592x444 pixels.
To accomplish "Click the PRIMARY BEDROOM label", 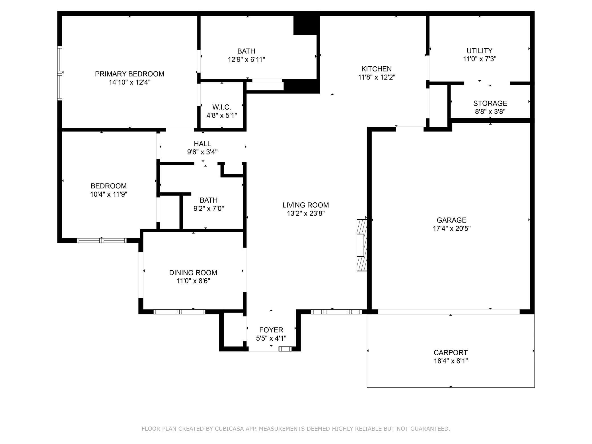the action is click(x=129, y=74).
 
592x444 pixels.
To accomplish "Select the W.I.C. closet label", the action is click(x=222, y=107).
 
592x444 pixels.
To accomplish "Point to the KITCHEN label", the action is click(x=377, y=69).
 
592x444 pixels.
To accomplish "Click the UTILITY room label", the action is click(x=480, y=51).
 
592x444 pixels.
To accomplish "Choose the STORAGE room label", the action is click(x=490, y=103).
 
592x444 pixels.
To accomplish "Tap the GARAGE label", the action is click(x=451, y=220).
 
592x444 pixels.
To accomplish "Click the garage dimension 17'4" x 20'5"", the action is click(x=452, y=229).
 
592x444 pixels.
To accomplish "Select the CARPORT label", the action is click(x=451, y=353).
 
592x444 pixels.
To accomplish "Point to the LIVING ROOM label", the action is click(x=306, y=205).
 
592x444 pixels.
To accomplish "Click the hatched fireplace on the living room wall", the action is click(x=362, y=245).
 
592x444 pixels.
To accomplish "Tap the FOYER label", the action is click(x=271, y=330).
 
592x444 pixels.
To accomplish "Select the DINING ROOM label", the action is click(x=193, y=273).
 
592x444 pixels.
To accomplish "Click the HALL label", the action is click(x=202, y=144).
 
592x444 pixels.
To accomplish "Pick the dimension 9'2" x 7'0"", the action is click(x=209, y=209).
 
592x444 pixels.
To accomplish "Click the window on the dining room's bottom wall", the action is click(x=179, y=312).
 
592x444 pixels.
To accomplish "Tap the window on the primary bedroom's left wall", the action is click(x=59, y=73).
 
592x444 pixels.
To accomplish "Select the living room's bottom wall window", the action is click(x=336, y=312).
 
